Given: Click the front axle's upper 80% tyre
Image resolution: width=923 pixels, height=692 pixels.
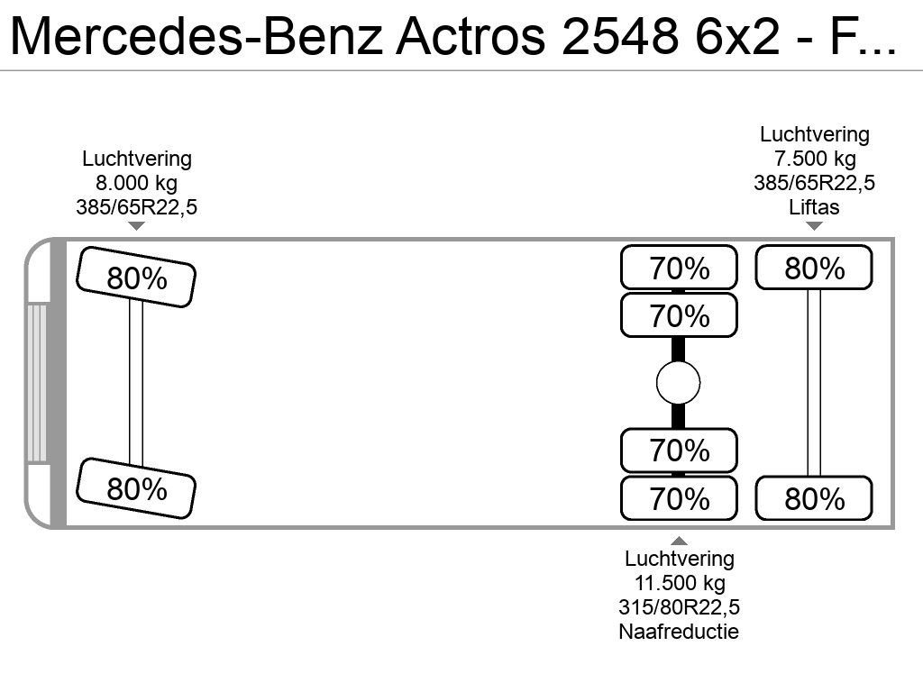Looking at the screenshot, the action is click(x=136, y=278).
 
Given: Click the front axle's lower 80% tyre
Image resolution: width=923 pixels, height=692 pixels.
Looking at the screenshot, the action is click(x=136, y=488).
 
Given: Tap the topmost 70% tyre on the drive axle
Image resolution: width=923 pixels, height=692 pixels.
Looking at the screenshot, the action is click(x=679, y=267).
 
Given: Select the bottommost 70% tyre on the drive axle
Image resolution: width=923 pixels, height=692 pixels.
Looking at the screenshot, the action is click(x=679, y=498).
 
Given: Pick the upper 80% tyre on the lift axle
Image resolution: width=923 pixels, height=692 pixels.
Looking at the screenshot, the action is click(x=814, y=267).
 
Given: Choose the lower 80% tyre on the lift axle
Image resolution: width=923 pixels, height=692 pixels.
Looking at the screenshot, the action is click(x=814, y=498).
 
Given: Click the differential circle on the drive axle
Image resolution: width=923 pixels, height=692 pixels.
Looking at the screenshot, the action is click(x=678, y=383).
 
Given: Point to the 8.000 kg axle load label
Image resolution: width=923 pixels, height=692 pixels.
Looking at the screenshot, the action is click(x=137, y=183).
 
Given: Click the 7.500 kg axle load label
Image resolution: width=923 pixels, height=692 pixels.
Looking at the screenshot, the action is click(x=815, y=159).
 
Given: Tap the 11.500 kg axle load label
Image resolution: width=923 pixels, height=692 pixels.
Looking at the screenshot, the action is click(x=680, y=583).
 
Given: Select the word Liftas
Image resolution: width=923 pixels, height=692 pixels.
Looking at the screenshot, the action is click(x=814, y=207).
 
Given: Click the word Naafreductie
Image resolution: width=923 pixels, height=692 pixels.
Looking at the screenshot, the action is click(x=679, y=632).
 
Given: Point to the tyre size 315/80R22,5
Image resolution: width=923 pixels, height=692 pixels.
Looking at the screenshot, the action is click(x=680, y=606).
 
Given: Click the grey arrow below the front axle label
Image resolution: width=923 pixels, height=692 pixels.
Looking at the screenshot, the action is click(x=137, y=226).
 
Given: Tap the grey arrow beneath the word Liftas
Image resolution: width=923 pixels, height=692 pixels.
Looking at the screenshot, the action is click(x=814, y=226).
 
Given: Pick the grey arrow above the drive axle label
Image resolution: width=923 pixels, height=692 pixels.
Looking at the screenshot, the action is click(x=679, y=541).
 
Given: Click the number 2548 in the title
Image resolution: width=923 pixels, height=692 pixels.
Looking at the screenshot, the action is click(x=620, y=36).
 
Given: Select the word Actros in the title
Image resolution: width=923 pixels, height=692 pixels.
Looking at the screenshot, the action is click(x=471, y=36).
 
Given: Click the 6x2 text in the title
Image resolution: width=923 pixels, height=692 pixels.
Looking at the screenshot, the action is click(x=737, y=36).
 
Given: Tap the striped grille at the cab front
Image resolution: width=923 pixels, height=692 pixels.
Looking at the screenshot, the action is click(x=36, y=382).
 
